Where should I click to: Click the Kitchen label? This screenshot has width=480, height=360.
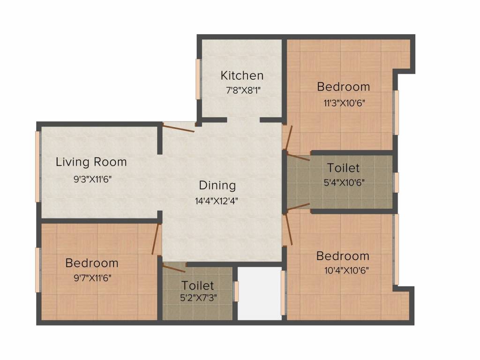pos(242,75)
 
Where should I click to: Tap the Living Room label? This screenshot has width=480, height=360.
pos(91,162)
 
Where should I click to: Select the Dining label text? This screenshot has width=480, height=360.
pos(217,185)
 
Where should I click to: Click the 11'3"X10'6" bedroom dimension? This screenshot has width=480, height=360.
pos(344,103)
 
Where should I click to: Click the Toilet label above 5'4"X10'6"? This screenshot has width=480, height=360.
pos(343,168)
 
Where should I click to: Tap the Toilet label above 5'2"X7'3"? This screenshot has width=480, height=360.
pos(197,285)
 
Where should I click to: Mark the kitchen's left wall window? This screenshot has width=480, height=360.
pos(198,79)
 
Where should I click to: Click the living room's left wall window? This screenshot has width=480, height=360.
pos(38,166)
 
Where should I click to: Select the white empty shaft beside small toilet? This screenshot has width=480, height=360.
pos(259,293)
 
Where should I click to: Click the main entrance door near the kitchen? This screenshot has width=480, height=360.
pos(179,127)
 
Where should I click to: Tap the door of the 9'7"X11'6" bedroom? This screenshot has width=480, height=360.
pos(156,240)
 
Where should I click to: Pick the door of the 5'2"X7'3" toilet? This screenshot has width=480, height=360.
pos(174,268)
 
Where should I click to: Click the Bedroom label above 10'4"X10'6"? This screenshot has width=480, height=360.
pos(343,256)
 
